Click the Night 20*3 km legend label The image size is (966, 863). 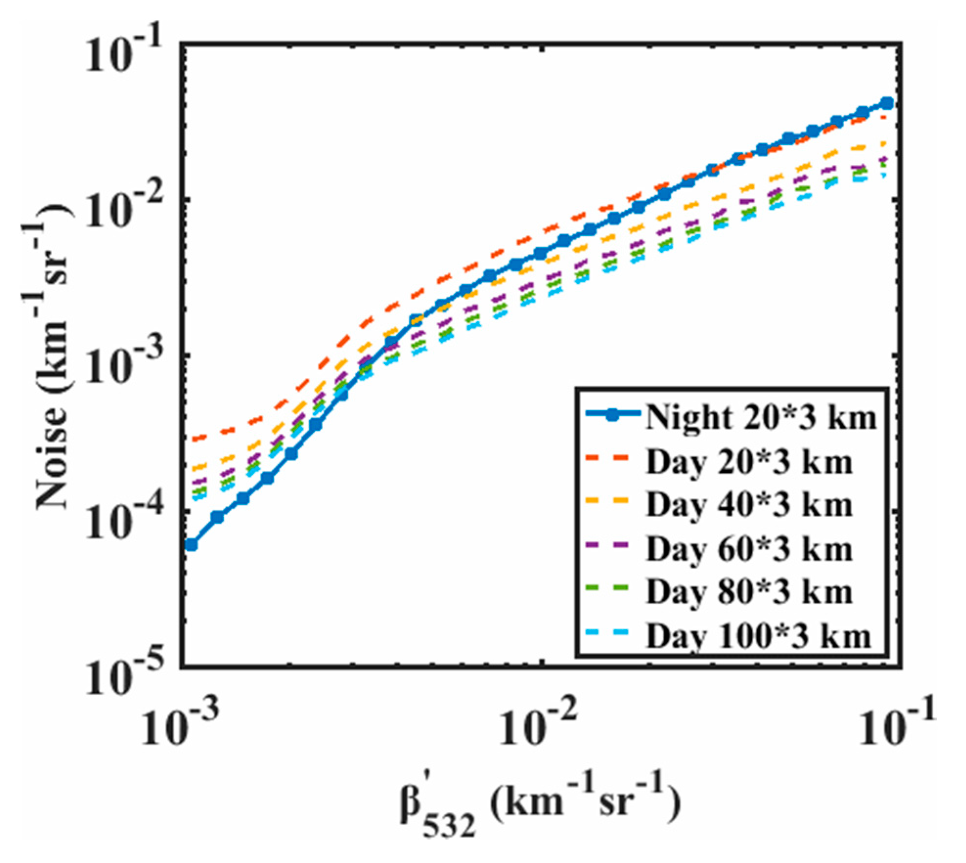(x=761, y=419)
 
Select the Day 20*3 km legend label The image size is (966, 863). (x=749, y=462)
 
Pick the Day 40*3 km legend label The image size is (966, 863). (x=749, y=505)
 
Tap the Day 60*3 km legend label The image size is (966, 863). (x=749, y=549)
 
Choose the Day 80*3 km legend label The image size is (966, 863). (x=749, y=592)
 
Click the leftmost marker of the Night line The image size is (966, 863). (x=191, y=545)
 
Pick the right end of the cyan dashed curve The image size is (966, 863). (x=884, y=175)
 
